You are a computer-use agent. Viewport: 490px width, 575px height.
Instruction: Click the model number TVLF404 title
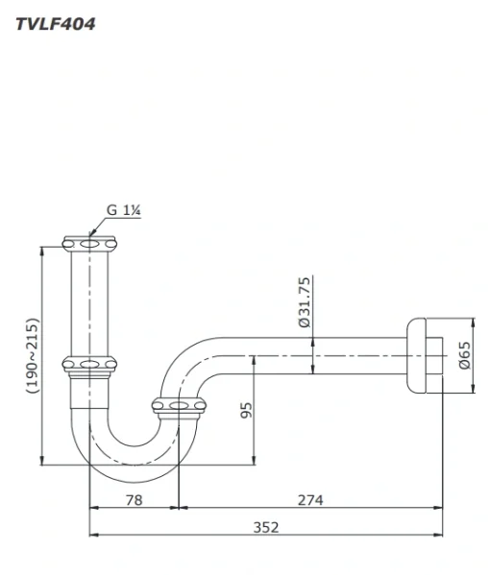(x=56, y=24)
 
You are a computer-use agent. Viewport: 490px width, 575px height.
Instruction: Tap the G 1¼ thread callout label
(x=124, y=210)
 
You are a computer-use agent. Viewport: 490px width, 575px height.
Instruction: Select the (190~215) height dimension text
(x=33, y=355)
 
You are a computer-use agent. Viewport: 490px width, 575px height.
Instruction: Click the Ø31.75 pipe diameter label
(x=305, y=302)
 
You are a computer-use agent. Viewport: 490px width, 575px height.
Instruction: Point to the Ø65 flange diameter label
(x=464, y=355)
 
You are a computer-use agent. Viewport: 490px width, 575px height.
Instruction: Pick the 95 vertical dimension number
(x=246, y=410)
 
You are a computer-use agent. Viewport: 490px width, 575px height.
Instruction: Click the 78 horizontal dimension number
(x=134, y=500)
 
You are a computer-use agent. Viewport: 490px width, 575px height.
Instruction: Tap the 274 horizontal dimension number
(x=310, y=500)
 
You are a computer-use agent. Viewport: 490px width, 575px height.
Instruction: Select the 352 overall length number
(x=266, y=527)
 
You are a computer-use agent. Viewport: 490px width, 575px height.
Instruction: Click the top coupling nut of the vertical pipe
(x=89, y=244)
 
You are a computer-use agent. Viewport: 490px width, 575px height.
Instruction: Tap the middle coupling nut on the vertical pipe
(x=89, y=366)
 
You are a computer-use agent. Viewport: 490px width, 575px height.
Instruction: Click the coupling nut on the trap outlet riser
(x=179, y=407)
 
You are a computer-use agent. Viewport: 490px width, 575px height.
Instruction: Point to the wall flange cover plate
(x=417, y=355)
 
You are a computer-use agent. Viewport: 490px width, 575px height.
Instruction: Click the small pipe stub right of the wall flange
(x=434, y=355)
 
